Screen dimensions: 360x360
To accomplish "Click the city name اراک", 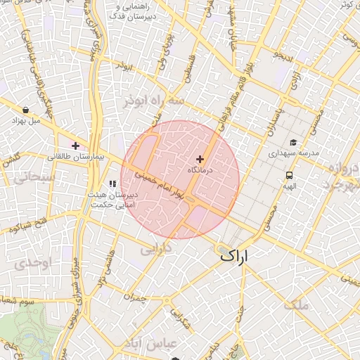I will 236,255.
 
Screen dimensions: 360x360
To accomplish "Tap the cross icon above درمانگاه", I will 200,160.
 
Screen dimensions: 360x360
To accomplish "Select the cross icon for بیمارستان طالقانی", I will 76,146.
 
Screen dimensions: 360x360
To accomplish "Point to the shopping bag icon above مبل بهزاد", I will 26,110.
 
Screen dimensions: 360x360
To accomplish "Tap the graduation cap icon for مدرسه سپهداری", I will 292,141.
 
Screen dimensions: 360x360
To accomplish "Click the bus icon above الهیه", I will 289,175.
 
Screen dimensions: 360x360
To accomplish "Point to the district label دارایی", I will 157,249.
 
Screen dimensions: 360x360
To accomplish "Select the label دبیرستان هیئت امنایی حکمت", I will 111,199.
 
